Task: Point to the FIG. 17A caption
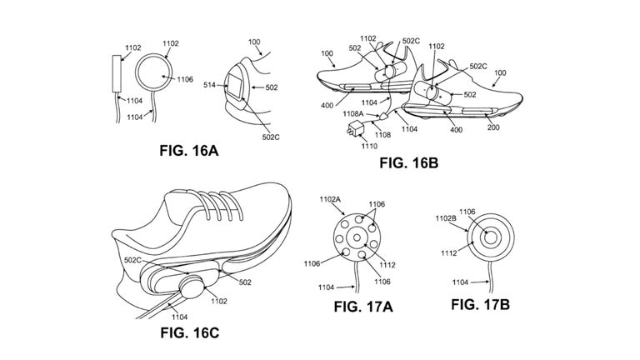tap(362, 306)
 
